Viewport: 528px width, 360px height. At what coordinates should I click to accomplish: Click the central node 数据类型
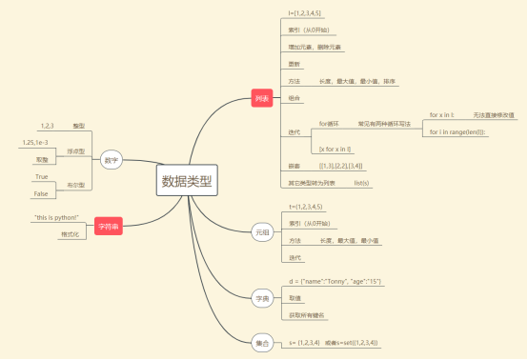(x=188, y=181)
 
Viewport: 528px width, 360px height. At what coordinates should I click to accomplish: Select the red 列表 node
(x=262, y=98)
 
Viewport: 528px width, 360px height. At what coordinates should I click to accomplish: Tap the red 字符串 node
(x=106, y=225)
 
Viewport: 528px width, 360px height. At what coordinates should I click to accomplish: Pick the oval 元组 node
(x=262, y=232)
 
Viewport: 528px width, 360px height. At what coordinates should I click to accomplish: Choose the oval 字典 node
(x=262, y=298)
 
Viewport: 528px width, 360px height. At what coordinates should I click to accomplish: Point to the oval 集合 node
(x=262, y=341)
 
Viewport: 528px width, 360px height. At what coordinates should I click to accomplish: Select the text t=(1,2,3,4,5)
(x=306, y=207)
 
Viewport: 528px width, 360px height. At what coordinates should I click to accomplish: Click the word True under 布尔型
(x=41, y=177)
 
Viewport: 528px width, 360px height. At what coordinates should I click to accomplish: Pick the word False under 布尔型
(x=41, y=193)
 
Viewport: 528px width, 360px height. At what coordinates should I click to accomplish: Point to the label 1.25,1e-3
(x=38, y=143)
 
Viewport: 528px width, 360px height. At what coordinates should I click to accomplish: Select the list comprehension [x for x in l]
(x=335, y=150)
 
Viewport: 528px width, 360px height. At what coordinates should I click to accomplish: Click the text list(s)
(x=361, y=181)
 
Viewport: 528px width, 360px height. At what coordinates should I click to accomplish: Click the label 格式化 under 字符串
(x=69, y=234)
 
